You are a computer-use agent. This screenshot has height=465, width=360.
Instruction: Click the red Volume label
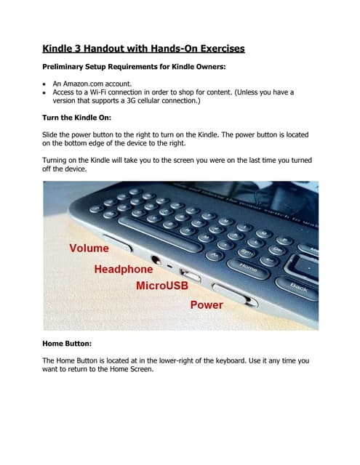coord(89,248)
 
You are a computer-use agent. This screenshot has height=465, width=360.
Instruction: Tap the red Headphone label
coord(124,270)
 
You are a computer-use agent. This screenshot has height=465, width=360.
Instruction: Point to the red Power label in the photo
coord(207,305)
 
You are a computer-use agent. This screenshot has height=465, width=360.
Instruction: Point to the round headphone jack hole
coord(156,259)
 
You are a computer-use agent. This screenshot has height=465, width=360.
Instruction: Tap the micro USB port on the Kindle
coord(191,275)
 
